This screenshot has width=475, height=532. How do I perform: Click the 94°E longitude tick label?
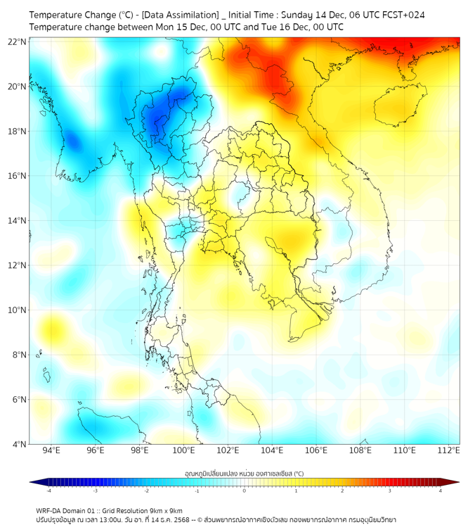(51, 450)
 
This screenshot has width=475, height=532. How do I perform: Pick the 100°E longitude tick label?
(183, 450)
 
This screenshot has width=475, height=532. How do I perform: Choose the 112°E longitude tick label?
(448, 450)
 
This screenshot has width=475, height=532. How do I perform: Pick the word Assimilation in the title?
(176, 15)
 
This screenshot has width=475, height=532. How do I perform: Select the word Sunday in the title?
(299, 15)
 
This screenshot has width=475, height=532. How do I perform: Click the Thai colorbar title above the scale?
(244, 473)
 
